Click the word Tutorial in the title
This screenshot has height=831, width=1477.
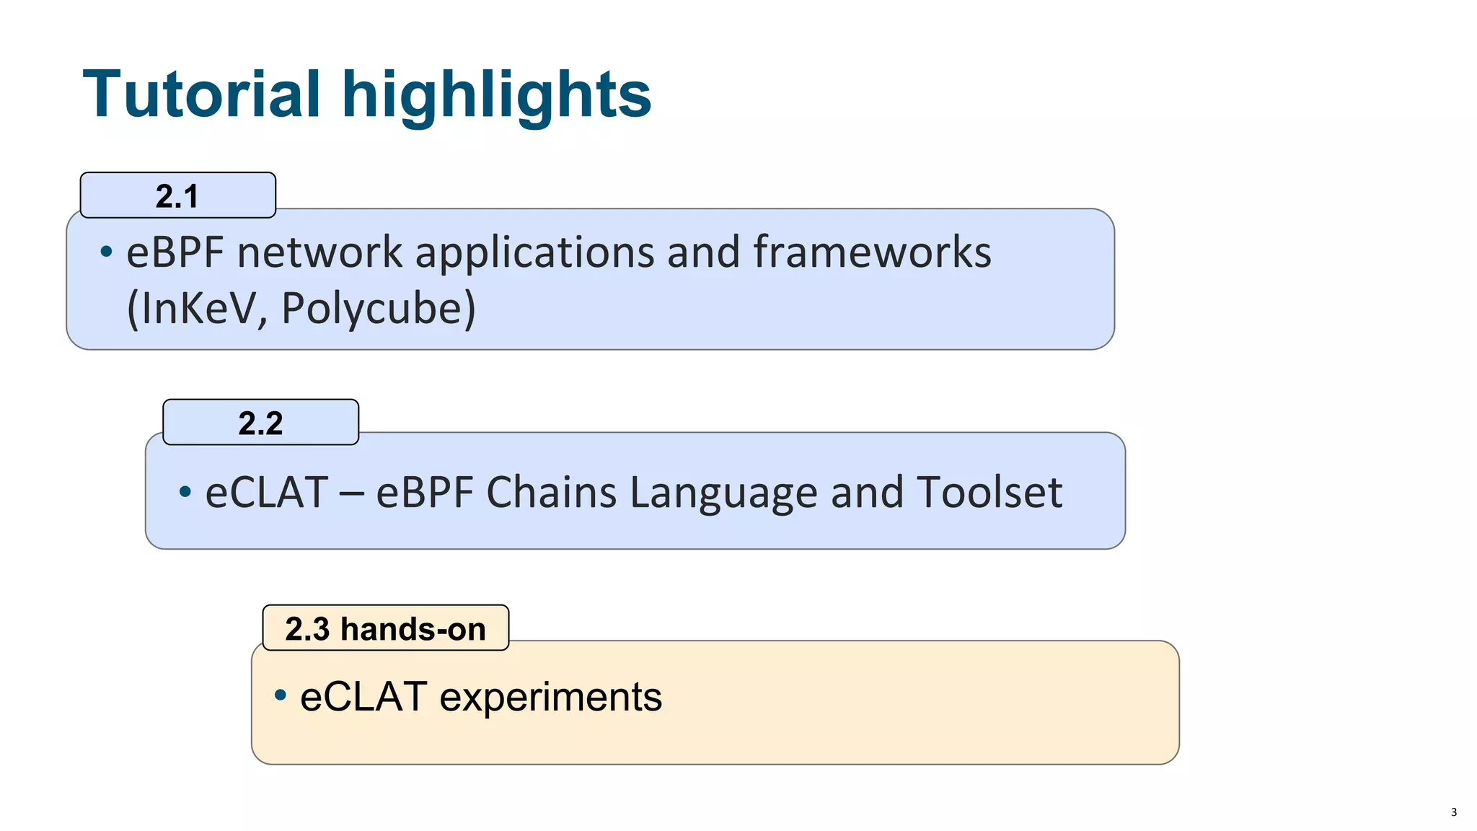click(201, 94)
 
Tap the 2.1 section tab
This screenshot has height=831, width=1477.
click(177, 195)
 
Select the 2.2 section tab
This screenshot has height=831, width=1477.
click(260, 423)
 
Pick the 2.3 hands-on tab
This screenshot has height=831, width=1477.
click(385, 628)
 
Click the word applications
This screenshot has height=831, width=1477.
click(534, 254)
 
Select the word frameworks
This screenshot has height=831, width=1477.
click(872, 252)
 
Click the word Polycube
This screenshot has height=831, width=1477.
click(375, 309)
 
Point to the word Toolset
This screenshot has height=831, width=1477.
click(989, 493)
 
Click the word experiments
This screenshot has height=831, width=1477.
click(550, 698)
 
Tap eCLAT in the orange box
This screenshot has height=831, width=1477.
click(363, 697)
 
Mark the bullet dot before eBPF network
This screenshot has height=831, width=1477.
click(107, 252)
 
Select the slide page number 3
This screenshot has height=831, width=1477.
click(1453, 812)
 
